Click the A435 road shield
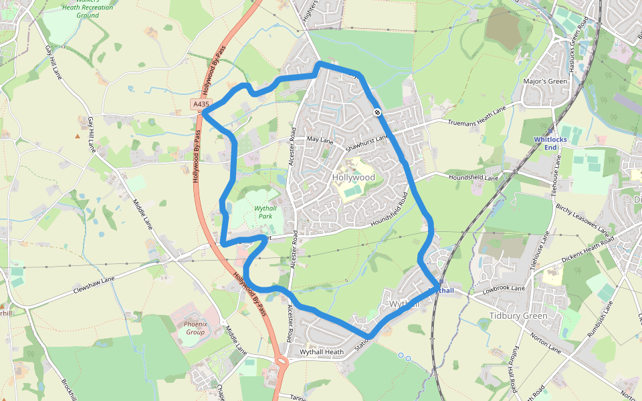click(x=201, y=104)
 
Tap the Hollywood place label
click(x=353, y=178)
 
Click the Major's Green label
click(x=544, y=82)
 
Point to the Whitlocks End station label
click(x=550, y=143)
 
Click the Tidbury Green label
click(x=518, y=315)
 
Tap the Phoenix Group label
click(x=196, y=328)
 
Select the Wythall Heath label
click(x=321, y=352)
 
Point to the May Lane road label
click(x=320, y=140)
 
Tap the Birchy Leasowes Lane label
click(x=583, y=219)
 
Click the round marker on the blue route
click(x=378, y=112)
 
